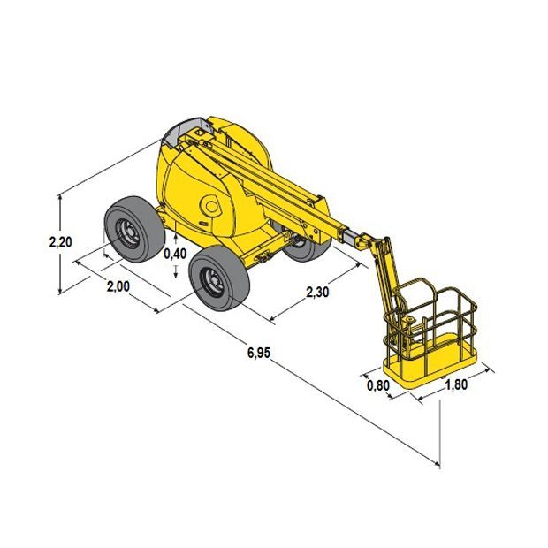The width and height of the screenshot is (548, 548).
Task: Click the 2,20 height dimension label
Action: pyautogui.click(x=60, y=242)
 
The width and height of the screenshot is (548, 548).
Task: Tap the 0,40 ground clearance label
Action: pyautogui.click(x=175, y=254)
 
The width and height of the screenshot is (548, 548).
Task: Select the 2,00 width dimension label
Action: pyautogui.click(x=118, y=286)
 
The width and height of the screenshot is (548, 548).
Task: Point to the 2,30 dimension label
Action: pyautogui.click(x=317, y=292)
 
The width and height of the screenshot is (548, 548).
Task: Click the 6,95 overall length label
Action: pyautogui.click(x=259, y=353)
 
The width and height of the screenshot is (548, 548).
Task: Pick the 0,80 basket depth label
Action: pyautogui.click(x=378, y=386)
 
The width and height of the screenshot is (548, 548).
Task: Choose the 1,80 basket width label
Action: pyautogui.click(x=456, y=384)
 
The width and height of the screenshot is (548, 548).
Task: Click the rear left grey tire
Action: pyautogui.click(x=134, y=229)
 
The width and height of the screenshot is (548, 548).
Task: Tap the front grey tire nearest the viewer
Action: pyautogui.click(x=219, y=278)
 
